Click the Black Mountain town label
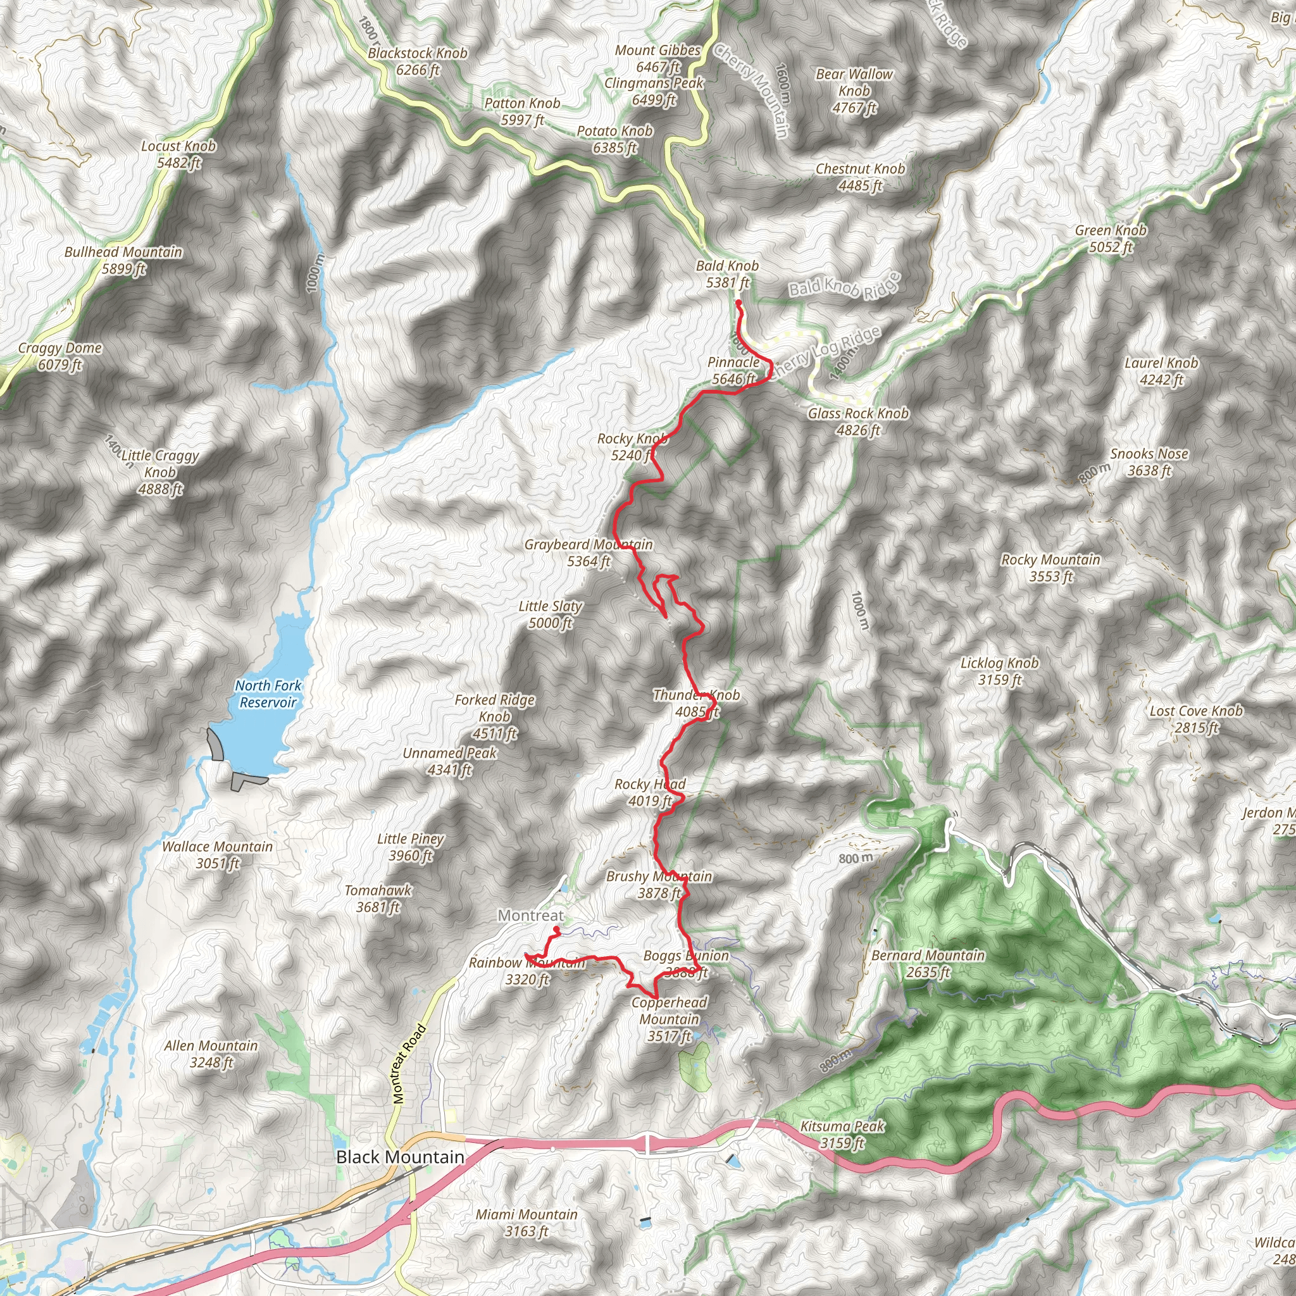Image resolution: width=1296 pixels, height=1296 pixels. click(x=400, y=1157)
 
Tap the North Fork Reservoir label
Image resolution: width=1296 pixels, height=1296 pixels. click(x=268, y=694)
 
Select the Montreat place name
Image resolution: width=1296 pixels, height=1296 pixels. click(x=530, y=916)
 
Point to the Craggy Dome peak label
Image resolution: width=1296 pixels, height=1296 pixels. click(x=59, y=356)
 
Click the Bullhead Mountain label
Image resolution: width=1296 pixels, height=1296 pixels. click(x=123, y=260)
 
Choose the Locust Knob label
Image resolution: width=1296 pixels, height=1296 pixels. click(x=178, y=154)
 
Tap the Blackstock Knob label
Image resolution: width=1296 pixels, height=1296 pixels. click(x=417, y=61)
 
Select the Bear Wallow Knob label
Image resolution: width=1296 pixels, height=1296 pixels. click(x=854, y=90)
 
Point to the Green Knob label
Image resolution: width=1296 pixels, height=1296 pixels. click(x=1110, y=239)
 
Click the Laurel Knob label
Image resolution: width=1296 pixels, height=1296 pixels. click(x=1161, y=371)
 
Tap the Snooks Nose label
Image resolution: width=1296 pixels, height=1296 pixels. click(x=1149, y=462)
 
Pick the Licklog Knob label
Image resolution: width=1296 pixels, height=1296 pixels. click(x=999, y=671)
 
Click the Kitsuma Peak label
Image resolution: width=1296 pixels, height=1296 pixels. click(x=842, y=1135)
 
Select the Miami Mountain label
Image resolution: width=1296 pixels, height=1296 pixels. click(x=526, y=1222)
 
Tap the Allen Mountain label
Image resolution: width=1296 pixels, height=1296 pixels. click(x=211, y=1054)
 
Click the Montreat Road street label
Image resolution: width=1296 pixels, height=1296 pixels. click(x=409, y=1064)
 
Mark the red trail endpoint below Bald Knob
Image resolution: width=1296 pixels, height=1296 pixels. click(x=738, y=303)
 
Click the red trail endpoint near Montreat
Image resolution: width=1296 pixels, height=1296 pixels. click(x=557, y=930)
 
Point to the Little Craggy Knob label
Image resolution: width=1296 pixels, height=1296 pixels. click(x=160, y=471)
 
